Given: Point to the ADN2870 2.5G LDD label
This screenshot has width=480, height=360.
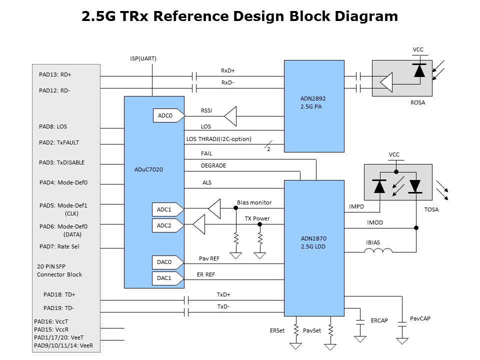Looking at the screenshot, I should [x=313, y=242].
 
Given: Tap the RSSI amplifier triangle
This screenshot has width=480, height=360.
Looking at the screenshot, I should [x=231, y=116].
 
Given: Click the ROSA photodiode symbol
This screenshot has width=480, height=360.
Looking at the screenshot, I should [x=419, y=70].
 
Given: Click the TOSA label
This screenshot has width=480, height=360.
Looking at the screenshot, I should [x=431, y=209].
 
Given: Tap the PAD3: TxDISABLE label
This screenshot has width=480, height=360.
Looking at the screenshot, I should [x=62, y=162].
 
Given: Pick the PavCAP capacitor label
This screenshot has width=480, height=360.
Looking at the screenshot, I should [x=420, y=318].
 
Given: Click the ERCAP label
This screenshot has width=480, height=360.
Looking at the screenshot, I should [x=379, y=320].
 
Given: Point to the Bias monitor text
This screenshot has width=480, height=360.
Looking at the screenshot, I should [x=254, y=202].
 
